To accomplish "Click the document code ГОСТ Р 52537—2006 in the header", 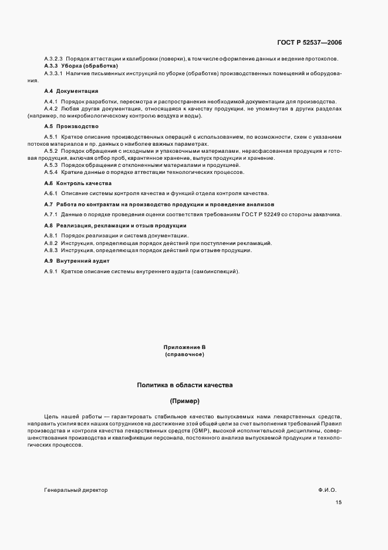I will click(x=309, y=42).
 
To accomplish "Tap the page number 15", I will click(x=339, y=502).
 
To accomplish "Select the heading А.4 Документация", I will click(x=71, y=92).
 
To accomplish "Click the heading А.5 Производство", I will click(x=71, y=126).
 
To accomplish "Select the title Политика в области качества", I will click(x=185, y=385).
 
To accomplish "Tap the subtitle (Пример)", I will click(x=185, y=401).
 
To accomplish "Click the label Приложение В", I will click(x=185, y=348).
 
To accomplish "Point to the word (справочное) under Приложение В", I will click(x=185, y=355).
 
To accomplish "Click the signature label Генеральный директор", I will click(x=76, y=489).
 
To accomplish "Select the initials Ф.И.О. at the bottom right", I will click(x=328, y=489).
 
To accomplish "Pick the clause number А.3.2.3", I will click(x=53, y=59).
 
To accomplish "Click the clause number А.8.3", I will click(x=52, y=250).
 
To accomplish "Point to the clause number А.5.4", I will click(x=52, y=172).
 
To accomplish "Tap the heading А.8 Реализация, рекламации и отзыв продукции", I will click(x=115, y=226).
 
